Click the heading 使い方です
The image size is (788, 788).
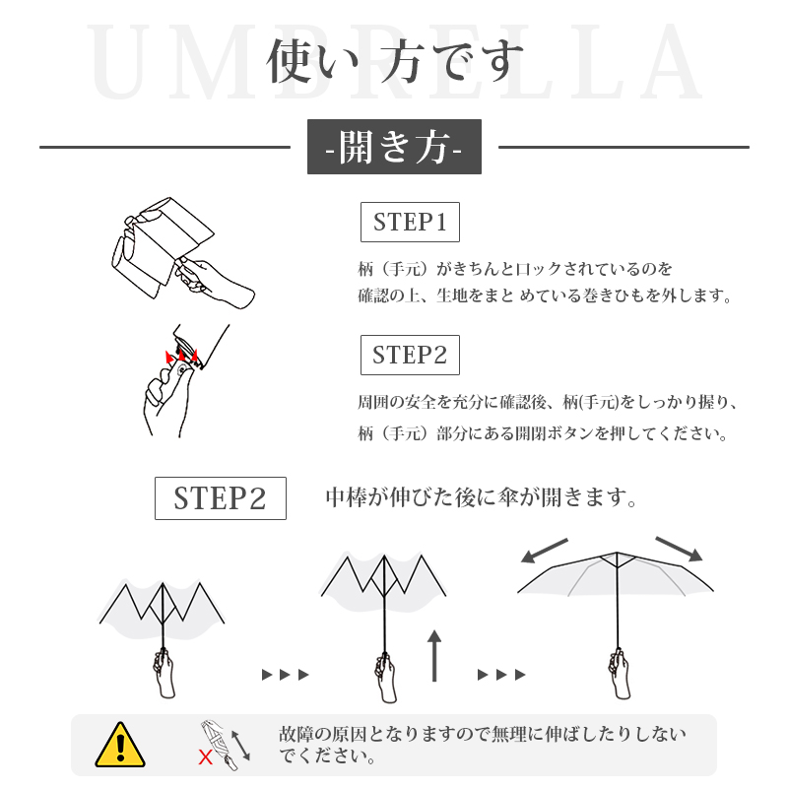395,61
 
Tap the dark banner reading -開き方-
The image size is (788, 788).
395,147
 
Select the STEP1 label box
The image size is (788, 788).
410,223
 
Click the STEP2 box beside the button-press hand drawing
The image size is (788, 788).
410,355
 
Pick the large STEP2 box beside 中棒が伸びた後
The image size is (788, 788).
221,498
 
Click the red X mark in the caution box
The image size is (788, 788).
205,756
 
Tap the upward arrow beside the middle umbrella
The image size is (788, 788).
434,655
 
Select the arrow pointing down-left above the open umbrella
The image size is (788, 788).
545,551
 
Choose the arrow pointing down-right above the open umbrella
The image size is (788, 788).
679,549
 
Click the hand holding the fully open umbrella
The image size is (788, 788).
620,673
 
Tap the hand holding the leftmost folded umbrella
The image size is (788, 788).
164,673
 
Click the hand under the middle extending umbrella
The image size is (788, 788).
385,677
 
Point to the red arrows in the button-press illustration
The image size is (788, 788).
181,356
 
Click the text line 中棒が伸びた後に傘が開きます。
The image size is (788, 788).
482,497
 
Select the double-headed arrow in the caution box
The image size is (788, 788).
240,746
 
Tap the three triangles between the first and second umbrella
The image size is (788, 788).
286,675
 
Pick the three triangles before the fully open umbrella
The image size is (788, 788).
501,675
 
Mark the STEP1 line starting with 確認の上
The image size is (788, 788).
546,295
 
